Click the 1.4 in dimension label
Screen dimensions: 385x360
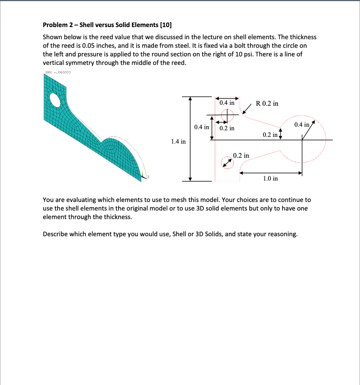(x=178, y=142)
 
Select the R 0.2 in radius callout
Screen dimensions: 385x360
(x=267, y=103)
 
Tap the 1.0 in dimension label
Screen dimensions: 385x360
(x=270, y=178)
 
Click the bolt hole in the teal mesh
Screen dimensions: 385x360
(x=55, y=100)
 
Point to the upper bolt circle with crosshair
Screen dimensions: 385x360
(x=227, y=115)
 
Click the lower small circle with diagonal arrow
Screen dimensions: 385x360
(x=227, y=162)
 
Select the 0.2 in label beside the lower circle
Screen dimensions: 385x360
(x=241, y=155)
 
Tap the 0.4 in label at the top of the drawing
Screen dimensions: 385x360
(x=227, y=102)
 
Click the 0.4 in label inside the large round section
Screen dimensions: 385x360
(x=302, y=125)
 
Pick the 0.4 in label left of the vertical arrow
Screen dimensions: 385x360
(x=202, y=127)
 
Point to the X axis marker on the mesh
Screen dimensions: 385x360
(x=148, y=176)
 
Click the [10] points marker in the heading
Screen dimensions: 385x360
(x=166, y=25)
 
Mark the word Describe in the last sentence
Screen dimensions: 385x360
(x=55, y=234)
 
